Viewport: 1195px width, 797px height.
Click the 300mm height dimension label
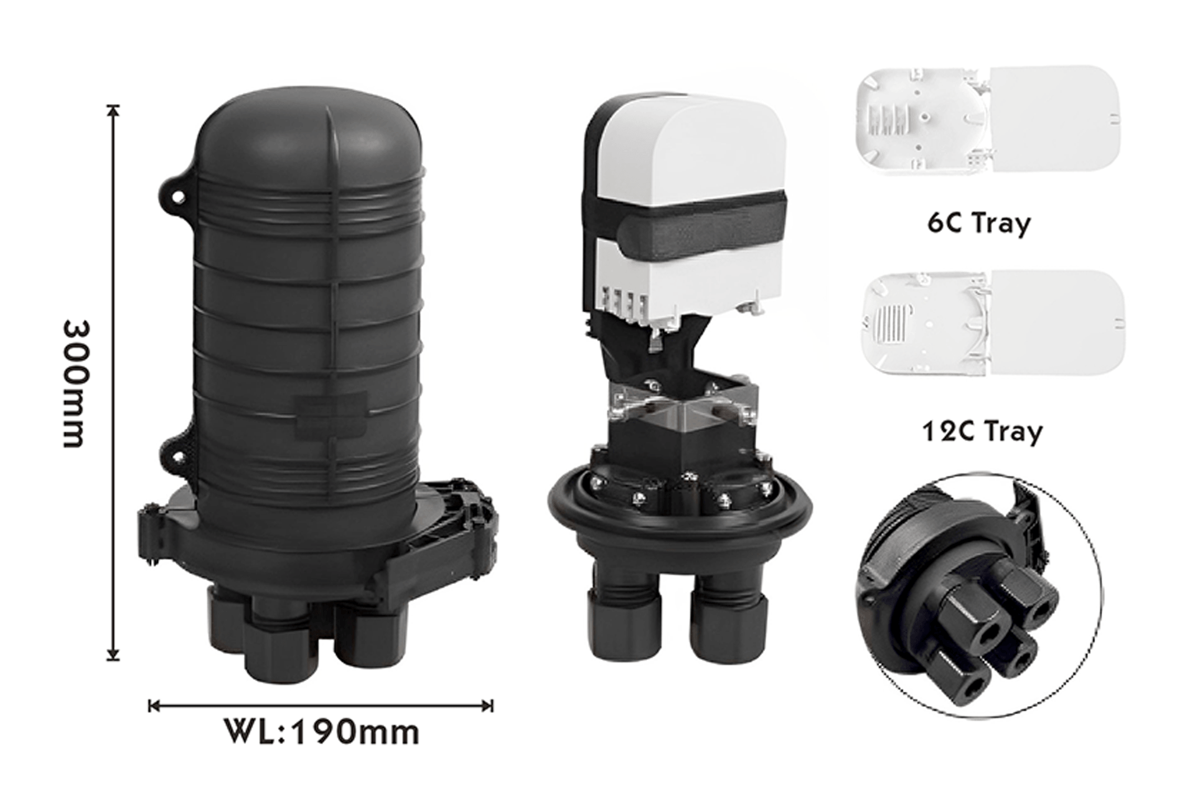[x=78, y=384]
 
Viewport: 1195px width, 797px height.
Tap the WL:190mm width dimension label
[x=321, y=733]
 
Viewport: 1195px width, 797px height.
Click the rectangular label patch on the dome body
[x=330, y=415]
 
